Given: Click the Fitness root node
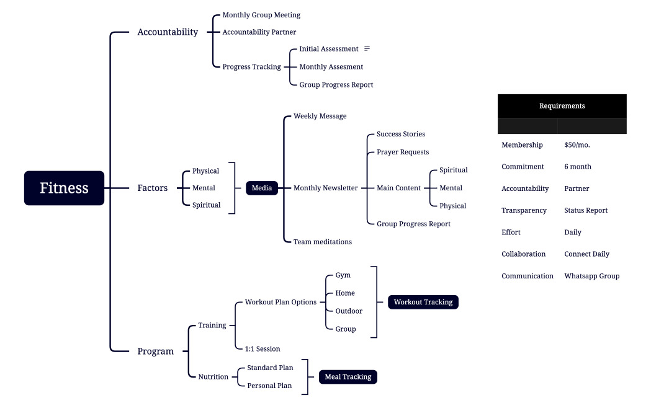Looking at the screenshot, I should (64, 188).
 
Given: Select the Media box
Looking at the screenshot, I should (261, 188).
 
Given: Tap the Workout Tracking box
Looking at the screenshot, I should (423, 302).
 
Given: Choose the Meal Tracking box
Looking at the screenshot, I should (348, 376).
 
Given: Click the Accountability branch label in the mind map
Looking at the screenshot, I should (168, 32).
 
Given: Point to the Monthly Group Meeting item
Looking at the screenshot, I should (261, 15).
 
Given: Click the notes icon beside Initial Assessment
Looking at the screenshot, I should (367, 48).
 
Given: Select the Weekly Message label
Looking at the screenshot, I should (320, 116).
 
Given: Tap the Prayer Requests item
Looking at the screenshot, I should (402, 152).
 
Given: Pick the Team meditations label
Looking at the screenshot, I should (322, 242).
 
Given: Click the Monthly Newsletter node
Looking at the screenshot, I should (325, 188).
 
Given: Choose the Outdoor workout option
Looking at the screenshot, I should (349, 311).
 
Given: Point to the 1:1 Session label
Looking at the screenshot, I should (262, 349).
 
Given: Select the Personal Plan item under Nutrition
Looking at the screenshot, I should (269, 386).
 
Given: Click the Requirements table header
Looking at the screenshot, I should (562, 106).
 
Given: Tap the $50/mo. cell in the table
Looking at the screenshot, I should (577, 145).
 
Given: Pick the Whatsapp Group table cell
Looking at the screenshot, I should (591, 276).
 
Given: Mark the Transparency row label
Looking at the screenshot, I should (524, 210).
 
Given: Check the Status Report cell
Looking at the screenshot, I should (585, 210).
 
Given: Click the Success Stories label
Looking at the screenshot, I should (400, 134).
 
